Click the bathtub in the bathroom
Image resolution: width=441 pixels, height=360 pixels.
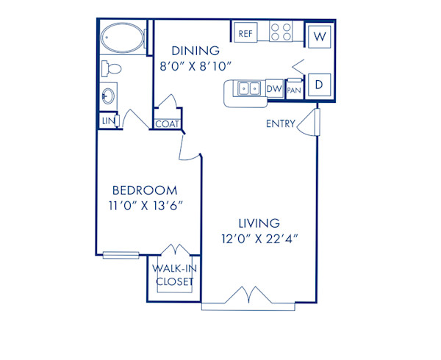[122, 37]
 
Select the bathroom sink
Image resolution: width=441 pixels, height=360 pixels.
[108, 96]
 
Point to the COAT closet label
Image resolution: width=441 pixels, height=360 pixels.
[165, 124]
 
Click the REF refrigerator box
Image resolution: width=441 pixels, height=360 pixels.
[245, 32]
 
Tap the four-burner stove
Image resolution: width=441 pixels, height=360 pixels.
[281, 32]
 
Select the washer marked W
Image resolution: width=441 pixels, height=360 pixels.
[320, 35]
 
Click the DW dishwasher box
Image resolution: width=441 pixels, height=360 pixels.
[274, 90]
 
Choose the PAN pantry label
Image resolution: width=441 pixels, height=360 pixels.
[294, 90]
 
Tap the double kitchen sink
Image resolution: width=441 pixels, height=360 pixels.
[248, 89]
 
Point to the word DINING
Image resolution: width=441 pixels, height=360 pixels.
[196, 51]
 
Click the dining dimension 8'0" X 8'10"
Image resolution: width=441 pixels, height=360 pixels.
[196, 66]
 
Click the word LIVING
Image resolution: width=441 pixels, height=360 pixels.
[258, 223]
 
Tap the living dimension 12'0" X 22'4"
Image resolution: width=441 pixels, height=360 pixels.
[258, 238]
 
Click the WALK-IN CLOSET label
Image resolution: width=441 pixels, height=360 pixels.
[173, 275]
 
